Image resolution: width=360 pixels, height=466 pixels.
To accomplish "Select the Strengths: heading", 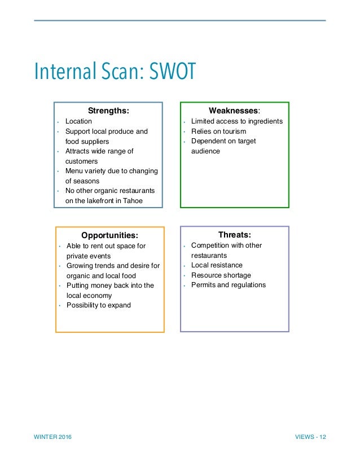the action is (x=108, y=111).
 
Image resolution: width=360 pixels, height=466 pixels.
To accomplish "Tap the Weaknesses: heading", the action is (x=234, y=111).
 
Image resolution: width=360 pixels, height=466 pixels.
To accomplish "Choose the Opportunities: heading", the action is (x=109, y=235).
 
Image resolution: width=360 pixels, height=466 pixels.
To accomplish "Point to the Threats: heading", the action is (x=234, y=234).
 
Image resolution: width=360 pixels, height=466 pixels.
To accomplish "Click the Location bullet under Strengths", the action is (x=78, y=121).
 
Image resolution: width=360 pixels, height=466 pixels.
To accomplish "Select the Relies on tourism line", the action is (x=218, y=131).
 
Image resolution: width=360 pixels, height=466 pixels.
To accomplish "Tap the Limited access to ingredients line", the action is (x=236, y=121).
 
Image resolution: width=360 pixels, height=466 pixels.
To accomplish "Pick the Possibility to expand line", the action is (x=98, y=305).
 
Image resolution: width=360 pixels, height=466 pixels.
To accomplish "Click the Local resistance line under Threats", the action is (x=217, y=265).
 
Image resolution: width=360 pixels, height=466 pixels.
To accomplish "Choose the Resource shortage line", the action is (x=221, y=275).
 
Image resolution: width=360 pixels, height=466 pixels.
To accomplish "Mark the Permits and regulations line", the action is (x=228, y=285).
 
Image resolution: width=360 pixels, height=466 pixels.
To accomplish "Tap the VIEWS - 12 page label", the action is (x=310, y=438).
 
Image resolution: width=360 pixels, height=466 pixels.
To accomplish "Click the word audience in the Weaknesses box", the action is (x=205, y=151).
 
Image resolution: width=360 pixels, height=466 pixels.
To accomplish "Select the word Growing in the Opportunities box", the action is (x=80, y=266).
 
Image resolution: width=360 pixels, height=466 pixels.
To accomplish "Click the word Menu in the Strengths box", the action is (x=74, y=171).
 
